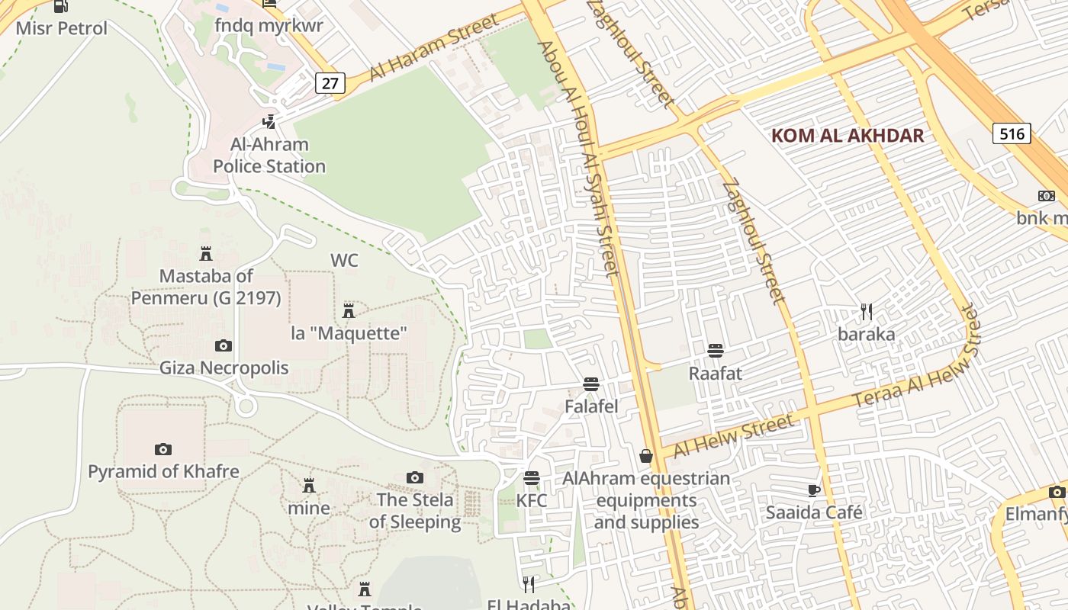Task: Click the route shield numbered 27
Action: [x=330, y=82]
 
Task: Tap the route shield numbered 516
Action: [x=1012, y=134]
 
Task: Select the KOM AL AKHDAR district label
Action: [x=848, y=136]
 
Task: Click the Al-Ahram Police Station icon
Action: [x=269, y=121]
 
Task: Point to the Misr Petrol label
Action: [x=61, y=29]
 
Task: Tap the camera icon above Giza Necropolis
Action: [x=224, y=346]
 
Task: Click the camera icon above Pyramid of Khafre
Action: [x=163, y=450]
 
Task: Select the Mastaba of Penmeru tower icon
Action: [x=205, y=254]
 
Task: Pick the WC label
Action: [x=344, y=261]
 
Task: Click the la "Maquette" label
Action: [x=349, y=333]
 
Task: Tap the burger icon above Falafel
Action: [x=591, y=384]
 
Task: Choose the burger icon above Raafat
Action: [x=716, y=351]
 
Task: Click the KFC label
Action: [x=532, y=501]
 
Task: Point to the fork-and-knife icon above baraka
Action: [x=866, y=312]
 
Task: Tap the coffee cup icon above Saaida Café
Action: [x=814, y=490]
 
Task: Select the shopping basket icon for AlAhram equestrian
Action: [x=646, y=456]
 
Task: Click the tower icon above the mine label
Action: [x=309, y=486]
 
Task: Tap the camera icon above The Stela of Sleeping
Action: [x=415, y=478]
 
